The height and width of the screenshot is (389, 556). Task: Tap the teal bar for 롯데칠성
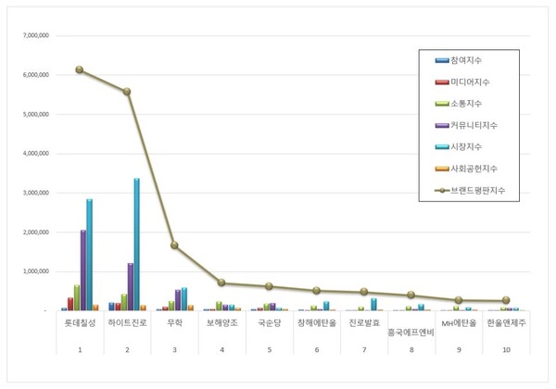pyautogui.click(x=90, y=255)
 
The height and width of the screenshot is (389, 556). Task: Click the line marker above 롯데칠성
pyautogui.click(x=80, y=69)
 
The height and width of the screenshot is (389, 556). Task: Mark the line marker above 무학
pyautogui.click(x=174, y=245)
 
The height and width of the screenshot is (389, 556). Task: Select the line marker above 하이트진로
pyautogui.click(x=127, y=92)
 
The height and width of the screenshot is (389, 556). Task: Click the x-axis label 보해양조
pyautogui.click(x=221, y=324)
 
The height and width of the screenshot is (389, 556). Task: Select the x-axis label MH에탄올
pyautogui.click(x=458, y=324)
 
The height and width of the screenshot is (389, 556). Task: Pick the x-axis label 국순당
pyautogui.click(x=269, y=324)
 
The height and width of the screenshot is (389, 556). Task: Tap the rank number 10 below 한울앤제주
pyautogui.click(x=506, y=350)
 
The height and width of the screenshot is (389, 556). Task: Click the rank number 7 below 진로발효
pyautogui.click(x=363, y=350)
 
